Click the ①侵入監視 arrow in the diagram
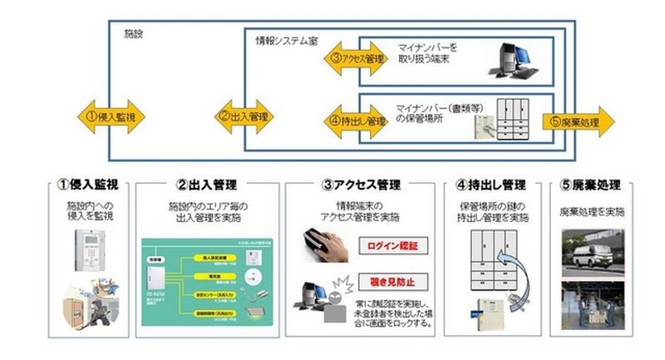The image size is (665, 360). coord(111,116)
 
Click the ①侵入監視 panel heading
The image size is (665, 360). coord(89,185)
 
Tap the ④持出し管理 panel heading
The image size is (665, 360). coord(498,185)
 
